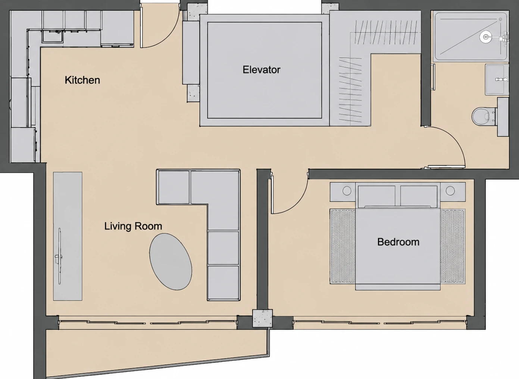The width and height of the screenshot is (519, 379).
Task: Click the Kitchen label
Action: point(82,80)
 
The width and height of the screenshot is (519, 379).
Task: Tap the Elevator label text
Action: point(261,70)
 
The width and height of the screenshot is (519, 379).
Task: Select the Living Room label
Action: point(133,226)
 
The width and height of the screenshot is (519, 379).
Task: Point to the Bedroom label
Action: point(398,242)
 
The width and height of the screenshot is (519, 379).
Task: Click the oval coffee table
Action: point(171,262)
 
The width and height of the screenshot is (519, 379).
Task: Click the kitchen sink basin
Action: point(52,36)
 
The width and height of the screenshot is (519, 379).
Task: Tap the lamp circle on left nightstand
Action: point(347,191)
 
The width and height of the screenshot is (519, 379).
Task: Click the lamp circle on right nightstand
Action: point(450,191)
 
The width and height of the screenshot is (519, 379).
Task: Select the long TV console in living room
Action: point(68,236)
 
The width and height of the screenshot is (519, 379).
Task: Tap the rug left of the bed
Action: point(343,246)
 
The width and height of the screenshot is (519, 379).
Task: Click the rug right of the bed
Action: point(453,246)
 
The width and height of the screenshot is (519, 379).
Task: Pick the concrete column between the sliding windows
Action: point(262,318)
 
